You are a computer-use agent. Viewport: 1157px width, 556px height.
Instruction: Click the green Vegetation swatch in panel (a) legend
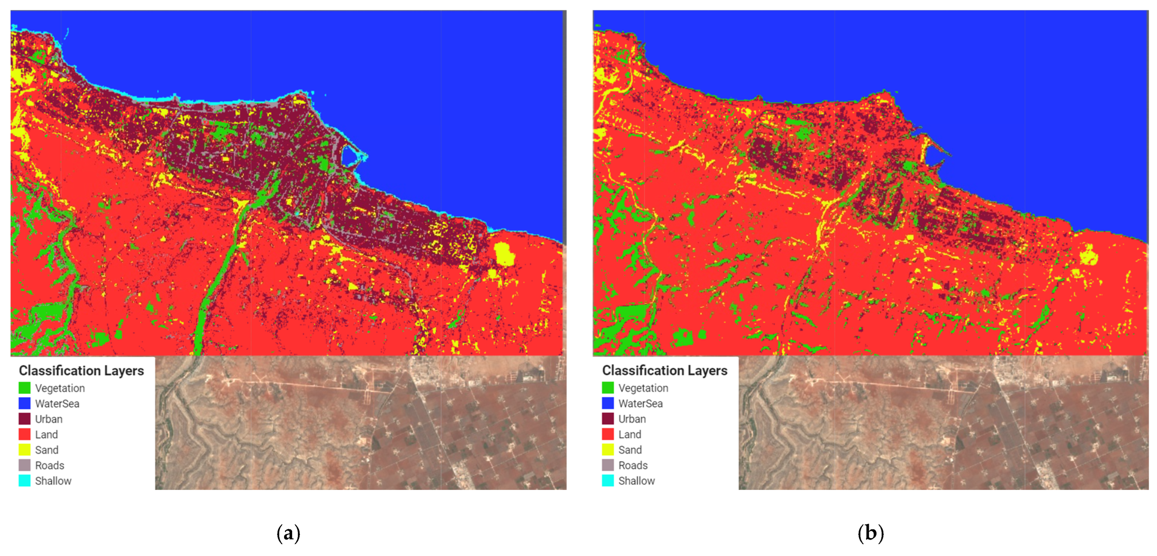(24, 387)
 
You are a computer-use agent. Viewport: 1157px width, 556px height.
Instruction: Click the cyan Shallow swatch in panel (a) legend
(24, 481)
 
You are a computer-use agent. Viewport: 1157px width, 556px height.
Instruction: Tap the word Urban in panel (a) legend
(49, 419)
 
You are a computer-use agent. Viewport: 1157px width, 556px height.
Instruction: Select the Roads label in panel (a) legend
(49, 465)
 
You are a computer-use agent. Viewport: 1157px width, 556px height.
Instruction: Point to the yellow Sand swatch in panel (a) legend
(24, 449)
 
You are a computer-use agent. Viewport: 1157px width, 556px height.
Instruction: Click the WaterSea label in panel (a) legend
(57, 403)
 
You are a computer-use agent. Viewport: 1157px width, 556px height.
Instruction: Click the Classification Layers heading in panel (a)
(81, 370)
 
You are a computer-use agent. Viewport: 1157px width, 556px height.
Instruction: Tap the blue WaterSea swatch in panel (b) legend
(608, 403)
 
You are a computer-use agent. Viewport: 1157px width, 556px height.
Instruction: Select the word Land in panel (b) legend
(629, 434)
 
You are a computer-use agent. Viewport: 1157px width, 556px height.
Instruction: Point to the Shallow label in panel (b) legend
(636, 481)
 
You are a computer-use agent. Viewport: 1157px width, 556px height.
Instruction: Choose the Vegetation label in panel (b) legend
(643, 387)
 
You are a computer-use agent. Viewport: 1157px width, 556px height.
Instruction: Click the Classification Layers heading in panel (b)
(664, 370)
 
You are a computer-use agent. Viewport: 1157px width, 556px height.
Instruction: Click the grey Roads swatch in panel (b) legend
(608, 465)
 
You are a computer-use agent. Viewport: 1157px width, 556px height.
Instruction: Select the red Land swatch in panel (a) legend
(24, 434)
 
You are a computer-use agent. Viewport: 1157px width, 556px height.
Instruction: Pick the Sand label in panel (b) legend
(630, 449)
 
